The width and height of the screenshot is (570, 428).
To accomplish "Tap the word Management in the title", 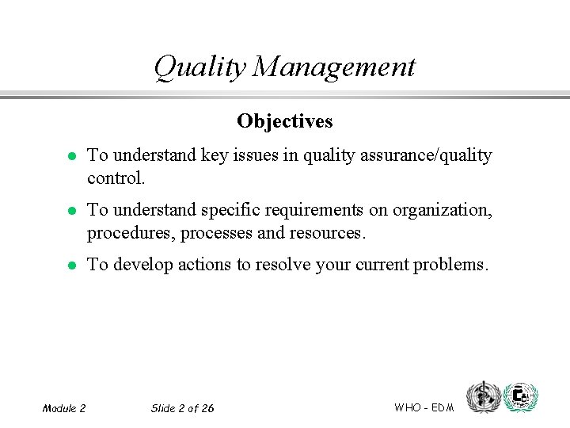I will pos(334,67).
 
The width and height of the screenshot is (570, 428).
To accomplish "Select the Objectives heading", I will pos(284,121).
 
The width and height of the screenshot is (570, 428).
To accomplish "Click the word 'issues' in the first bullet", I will pos(258,156).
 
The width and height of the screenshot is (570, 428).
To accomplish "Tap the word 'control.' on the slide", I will pos(116,178).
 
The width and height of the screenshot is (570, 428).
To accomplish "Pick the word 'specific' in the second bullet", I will pos(231,211).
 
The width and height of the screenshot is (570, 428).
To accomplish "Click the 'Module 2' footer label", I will pos(64,408).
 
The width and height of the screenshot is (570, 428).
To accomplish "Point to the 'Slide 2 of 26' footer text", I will pos(182,408).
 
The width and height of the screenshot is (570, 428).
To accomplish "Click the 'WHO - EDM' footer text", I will pos(424,407).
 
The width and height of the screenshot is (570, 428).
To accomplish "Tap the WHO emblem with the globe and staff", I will pos(482,397).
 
